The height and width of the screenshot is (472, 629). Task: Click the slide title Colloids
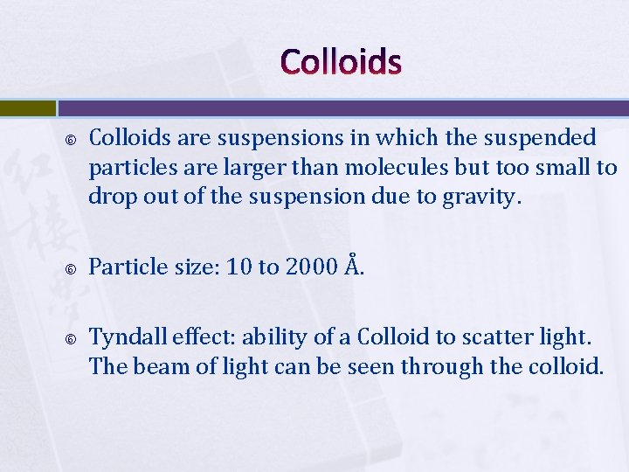point(342,62)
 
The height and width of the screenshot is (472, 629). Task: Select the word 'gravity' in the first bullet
point(486,198)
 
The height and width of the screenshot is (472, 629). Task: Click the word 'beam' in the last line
point(161,367)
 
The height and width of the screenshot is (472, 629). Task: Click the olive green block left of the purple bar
point(27,108)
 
